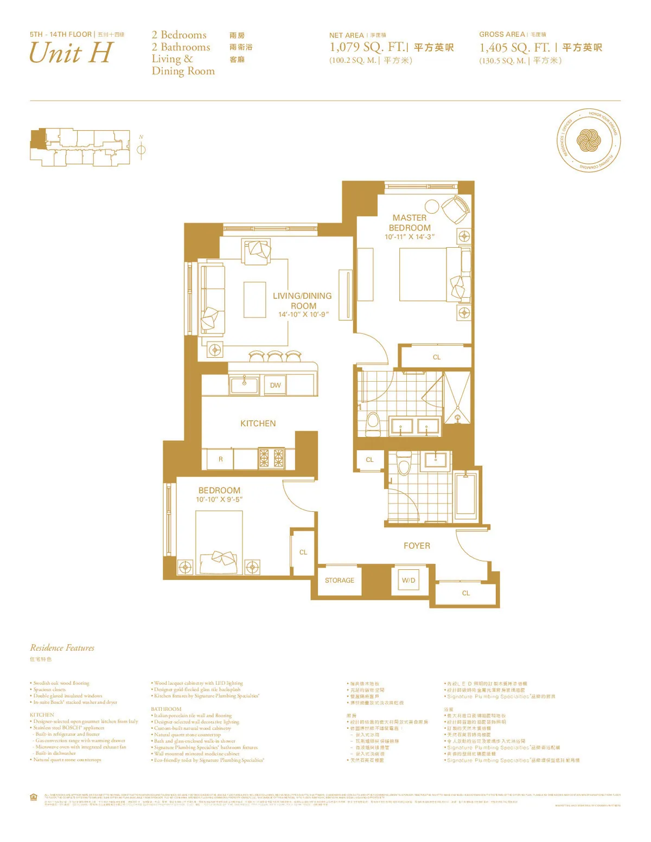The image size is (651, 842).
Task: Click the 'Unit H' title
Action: tap(71, 53)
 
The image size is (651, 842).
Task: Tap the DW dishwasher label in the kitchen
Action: tap(276, 385)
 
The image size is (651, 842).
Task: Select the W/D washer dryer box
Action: tap(409, 580)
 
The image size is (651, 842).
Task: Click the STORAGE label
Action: tap(340, 580)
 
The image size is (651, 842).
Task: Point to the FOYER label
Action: tap(417, 546)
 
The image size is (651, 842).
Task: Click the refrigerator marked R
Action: tap(221, 459)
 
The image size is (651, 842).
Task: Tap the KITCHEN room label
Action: tap(258, 423)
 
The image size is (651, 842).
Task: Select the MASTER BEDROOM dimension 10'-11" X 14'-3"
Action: tap(410, 237)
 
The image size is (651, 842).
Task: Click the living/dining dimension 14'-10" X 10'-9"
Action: tap(303, 314)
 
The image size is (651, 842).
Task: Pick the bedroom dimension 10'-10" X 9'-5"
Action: tap(219, 499)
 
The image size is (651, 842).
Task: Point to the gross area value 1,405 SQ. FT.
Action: tap(514, 48)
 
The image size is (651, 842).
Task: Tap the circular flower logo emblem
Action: tap(589, 141)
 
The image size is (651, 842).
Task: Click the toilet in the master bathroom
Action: tap(373, 423)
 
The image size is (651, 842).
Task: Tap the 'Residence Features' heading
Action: tap(62, 648)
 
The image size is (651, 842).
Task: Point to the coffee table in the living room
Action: tap(254, 299)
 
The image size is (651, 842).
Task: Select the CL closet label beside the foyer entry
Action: tap(466, 593)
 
